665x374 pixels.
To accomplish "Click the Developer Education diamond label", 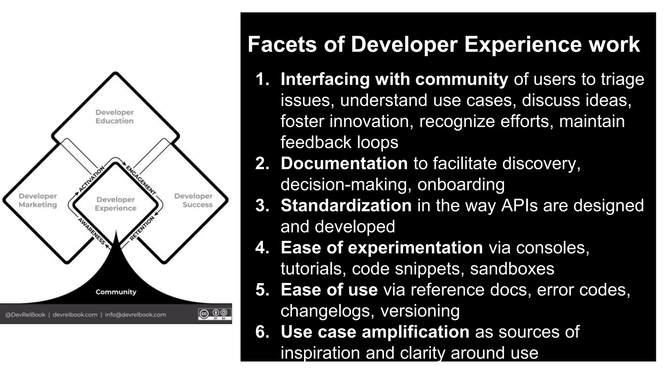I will [x=114, y=117].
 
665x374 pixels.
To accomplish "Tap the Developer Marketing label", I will [x=38, y=200].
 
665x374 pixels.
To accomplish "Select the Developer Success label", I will [x=194, y=200].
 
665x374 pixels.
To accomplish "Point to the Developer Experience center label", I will [x=116, y=204].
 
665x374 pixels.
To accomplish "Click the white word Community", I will [x=116, y=292].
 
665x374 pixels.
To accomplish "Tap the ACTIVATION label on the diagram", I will [x=92, y=179].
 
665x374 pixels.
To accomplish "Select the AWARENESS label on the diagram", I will [x=92, y=231].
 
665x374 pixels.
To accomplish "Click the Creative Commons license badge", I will [x=215, y=314].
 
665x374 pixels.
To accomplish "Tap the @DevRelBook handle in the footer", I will [x=25, y=315].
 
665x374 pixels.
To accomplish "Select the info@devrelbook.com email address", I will [x=135, y=315].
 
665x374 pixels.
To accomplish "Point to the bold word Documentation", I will [x=344, y=163].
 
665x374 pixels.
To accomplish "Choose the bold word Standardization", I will [x=346, y=205].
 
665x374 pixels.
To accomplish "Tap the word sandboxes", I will [x=512, y=269].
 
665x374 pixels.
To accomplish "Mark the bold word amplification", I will [x=415, y=332].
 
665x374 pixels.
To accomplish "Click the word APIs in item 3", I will [x=519, y=205].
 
